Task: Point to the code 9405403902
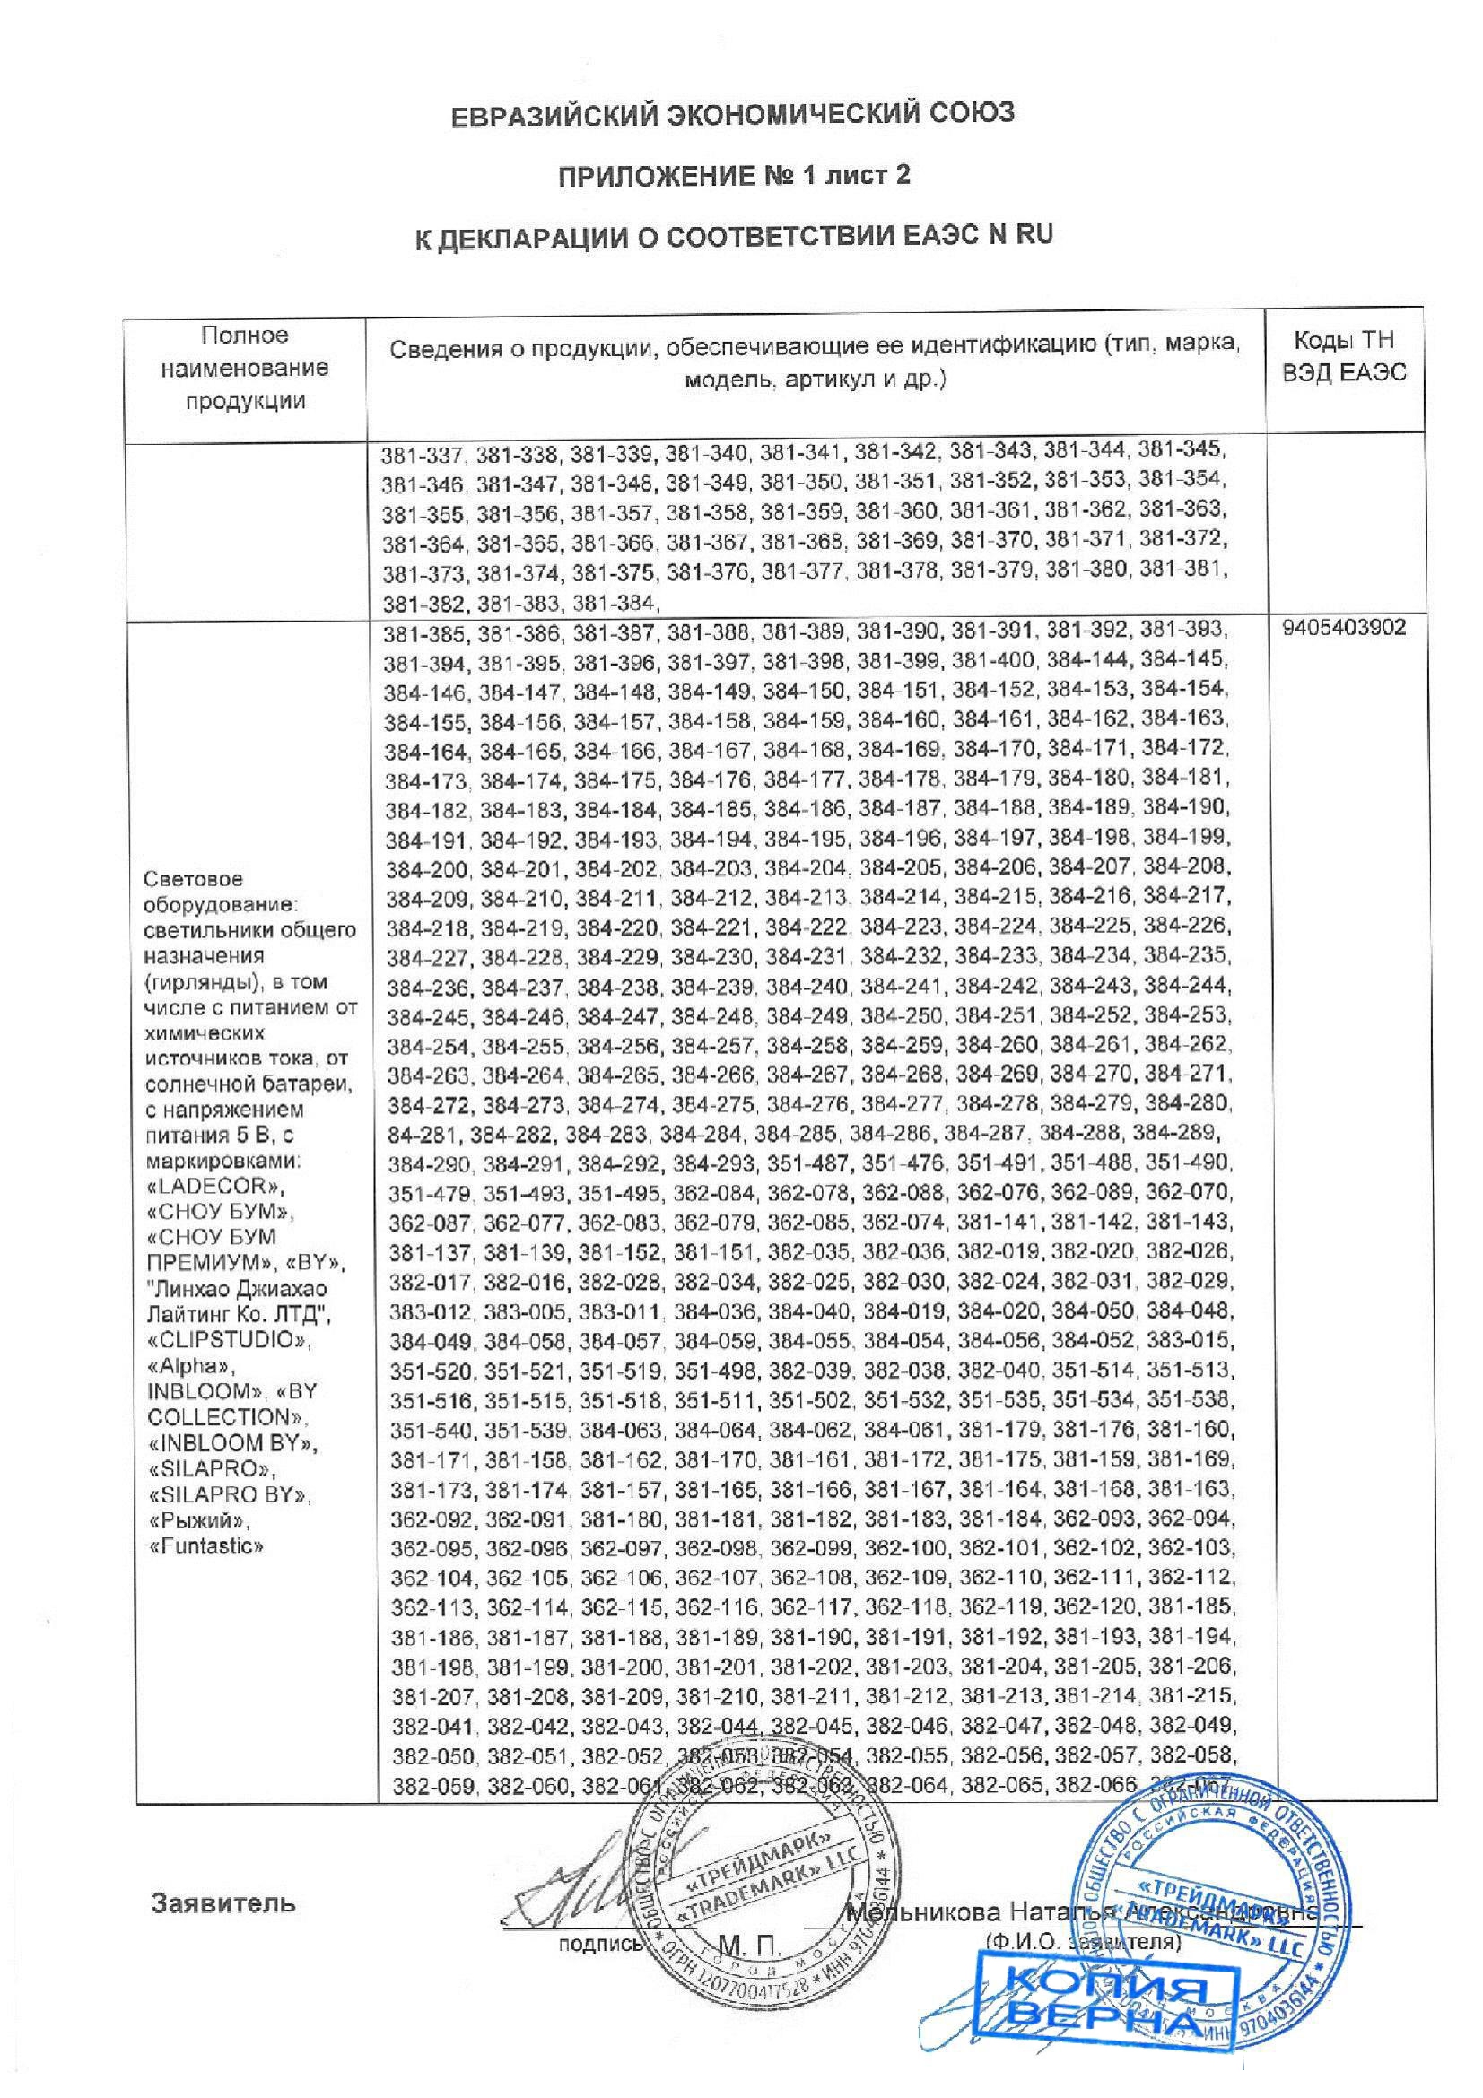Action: [x=1343, y=631]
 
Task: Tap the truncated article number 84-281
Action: [x=417, y=1134]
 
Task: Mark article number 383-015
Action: [x=1189, y=1341]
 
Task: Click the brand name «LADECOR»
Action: [x=215, y=1188]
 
